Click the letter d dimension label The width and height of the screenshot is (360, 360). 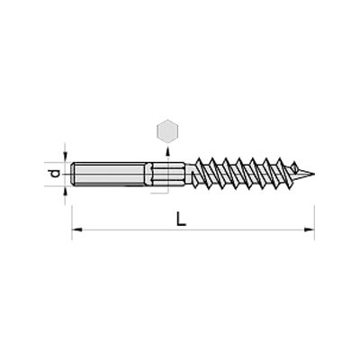click(x=54, y=174)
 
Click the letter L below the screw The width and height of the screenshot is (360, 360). click(x=181, y=219)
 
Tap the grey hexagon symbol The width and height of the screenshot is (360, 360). click(x=167, y=130)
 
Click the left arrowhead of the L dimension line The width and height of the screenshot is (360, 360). click(x=77, y=229)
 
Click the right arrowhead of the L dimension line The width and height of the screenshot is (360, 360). click(x=310, y=229)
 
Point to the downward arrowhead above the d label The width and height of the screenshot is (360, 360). click(x=66, y=157)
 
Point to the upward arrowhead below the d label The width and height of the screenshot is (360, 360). click(x=66, y=191)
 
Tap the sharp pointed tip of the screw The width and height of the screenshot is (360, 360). click(x=313, y=174)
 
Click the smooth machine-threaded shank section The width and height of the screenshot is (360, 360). click(x=110, y=174)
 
